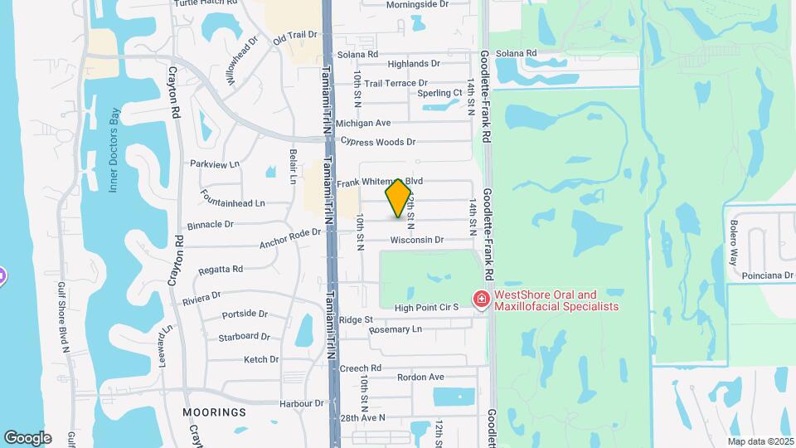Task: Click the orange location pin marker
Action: tap(399, 198)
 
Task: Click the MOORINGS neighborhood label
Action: tap(215, 411)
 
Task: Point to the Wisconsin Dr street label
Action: tap(417, 240)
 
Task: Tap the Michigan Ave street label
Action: tap(363, 123)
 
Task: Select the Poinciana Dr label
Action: tap(769, 275)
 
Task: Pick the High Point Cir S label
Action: tap(426, 308)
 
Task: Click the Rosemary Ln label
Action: tap(396, 329)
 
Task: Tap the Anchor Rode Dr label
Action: tap(289, 238)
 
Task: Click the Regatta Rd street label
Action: tap(221, 270)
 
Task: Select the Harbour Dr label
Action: tap(302, 403)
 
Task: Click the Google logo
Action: tap(27, 438)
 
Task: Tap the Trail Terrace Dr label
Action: tap(396, 83)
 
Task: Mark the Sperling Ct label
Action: tap(439, 93)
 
